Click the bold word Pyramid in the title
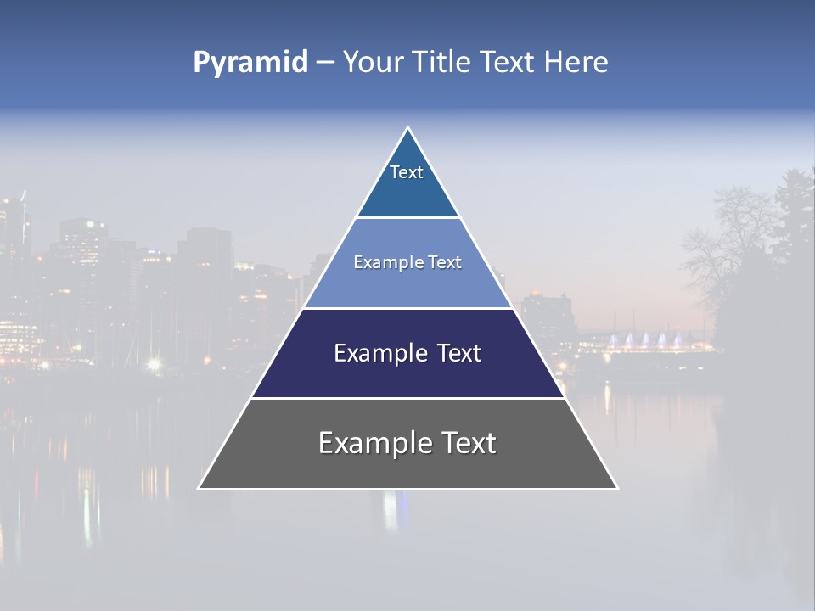(250, 63)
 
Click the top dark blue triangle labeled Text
(407, 182)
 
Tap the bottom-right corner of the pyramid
(616, 488)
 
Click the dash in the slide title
(325, 63)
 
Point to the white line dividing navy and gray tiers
(407, 398)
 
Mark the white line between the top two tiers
(407, 217)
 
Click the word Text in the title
(510, 63)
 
